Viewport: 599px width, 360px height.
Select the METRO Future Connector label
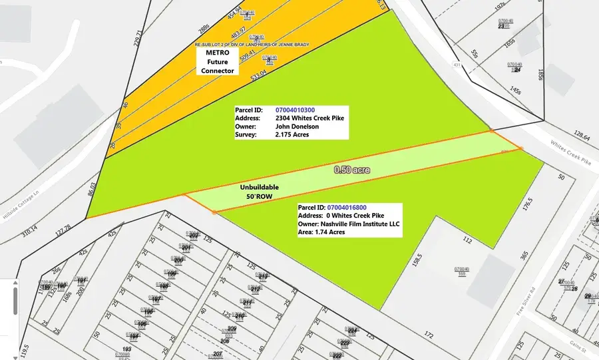[x=220, y=61]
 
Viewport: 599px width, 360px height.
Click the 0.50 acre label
[x=352, y=170]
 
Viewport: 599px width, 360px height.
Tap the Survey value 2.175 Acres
[x=292, y=134]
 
